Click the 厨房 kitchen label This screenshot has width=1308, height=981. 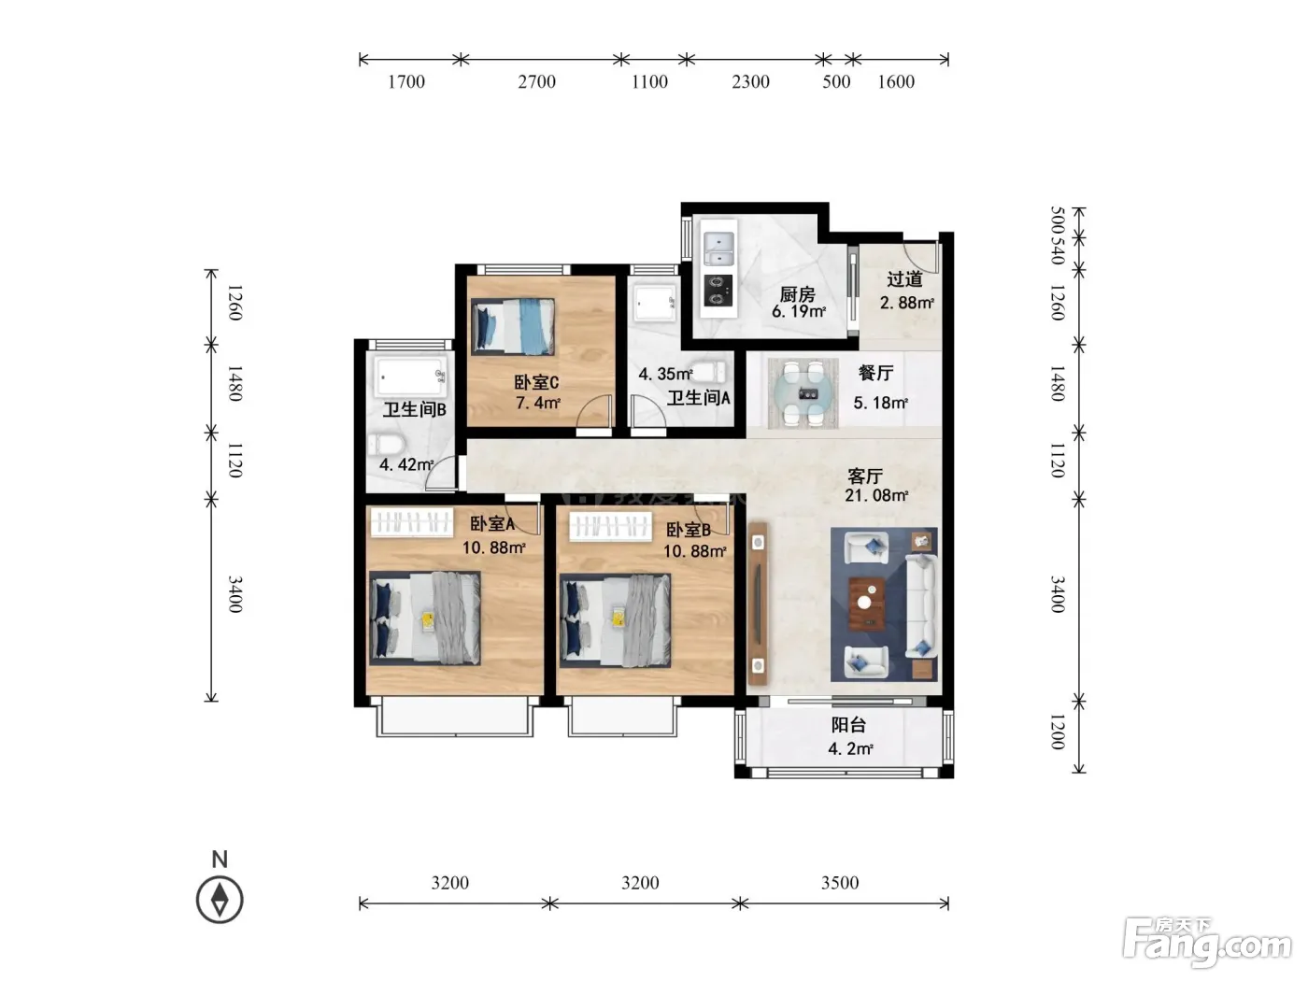point(797,293)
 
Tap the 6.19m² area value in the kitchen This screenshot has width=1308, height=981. point(799,311)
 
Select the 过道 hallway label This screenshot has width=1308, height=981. point(904,278)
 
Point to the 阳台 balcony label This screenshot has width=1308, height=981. point(848,725)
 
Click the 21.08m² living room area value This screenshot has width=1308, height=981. point(876,495)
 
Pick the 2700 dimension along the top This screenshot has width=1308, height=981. point(536,81)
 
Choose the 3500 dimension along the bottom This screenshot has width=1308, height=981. point(840,883)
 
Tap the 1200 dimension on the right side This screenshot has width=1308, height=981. point(1057,732)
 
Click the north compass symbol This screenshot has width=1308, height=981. point(220,900)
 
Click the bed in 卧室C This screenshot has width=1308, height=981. point(513,326)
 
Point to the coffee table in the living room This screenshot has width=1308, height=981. point(866,604)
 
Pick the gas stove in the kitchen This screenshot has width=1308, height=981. point(718,291)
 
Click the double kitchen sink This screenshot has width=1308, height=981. point(718,248)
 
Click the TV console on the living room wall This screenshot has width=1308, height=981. point(758,604)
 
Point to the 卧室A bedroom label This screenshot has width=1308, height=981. point(492,523)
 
